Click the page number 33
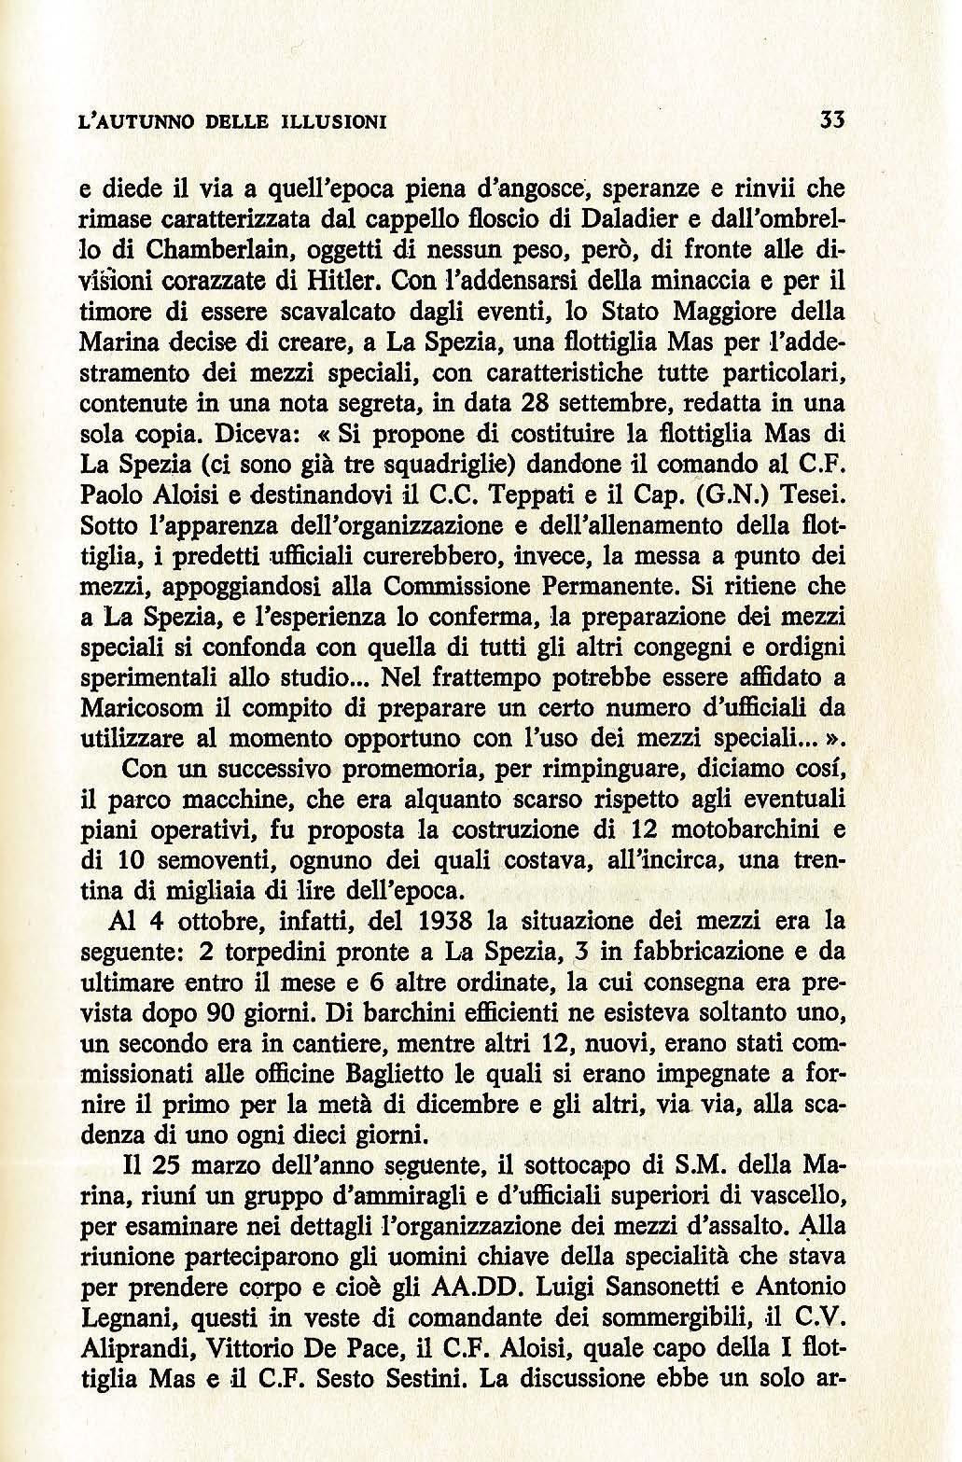point(830,121)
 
